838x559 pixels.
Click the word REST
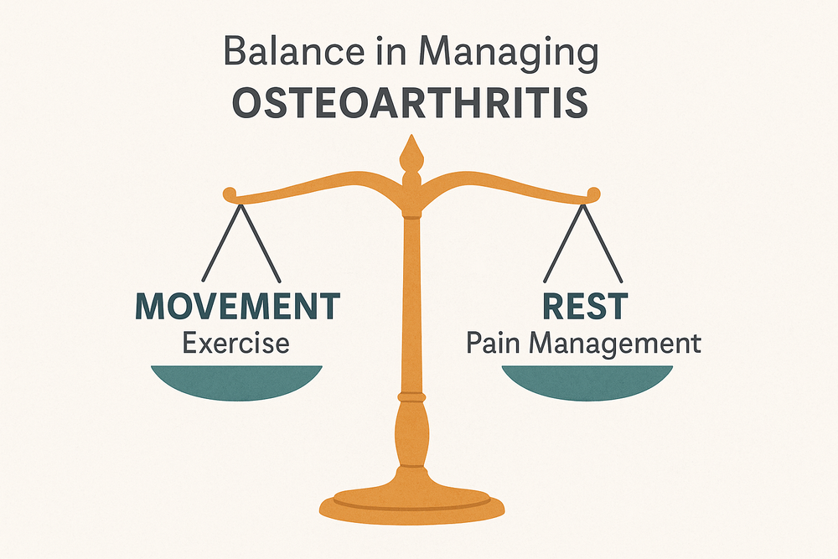tap(585, 306)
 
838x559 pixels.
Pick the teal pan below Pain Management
tap(587, 381)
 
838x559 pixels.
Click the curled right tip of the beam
tap(594, 195)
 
